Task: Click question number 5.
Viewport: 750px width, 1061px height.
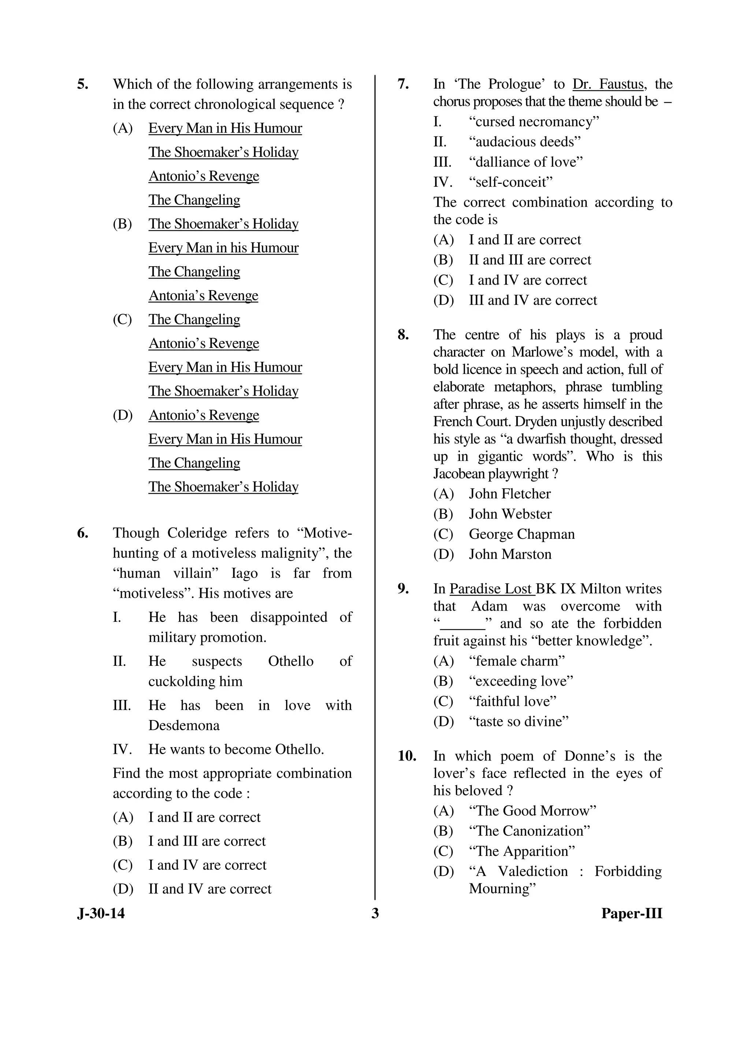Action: [x=83, y=85]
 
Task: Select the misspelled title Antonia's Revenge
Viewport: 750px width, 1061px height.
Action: [x=203, y=295]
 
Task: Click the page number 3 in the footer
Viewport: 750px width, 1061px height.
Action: [x=375, y=913]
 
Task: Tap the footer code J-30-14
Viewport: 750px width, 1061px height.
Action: [x=101, y=913]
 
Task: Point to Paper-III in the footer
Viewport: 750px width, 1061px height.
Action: [x=631, y=913]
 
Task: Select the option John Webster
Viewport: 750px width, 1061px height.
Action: [x=510, y=514]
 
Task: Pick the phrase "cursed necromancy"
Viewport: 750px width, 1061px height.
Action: [x=534, y=122]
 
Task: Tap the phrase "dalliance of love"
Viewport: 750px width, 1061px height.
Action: [x=526, y=162]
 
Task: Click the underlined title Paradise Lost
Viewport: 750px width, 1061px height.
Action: [x=491, y=589]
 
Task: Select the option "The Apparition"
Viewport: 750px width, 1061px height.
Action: [x=522, y=851]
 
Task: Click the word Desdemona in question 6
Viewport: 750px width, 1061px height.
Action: [x=184, y=725]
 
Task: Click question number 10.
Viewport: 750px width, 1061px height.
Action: [x=406, y=756]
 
